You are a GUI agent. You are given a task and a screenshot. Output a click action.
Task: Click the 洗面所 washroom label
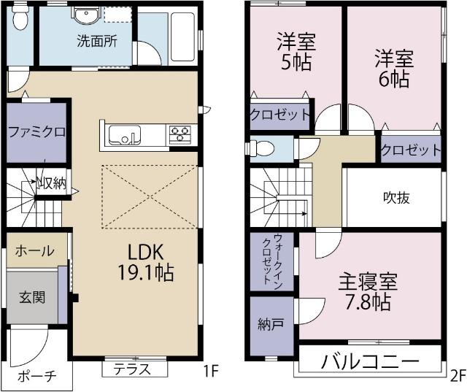[96, 41]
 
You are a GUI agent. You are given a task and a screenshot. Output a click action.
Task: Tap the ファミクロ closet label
[37, 132]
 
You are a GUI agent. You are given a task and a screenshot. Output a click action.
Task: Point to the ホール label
[34, 251]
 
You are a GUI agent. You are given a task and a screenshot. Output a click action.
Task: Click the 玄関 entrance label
[32, 297]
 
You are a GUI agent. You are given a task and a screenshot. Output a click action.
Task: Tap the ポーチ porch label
[36, 376]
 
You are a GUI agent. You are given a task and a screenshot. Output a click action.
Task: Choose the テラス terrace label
[131, 369]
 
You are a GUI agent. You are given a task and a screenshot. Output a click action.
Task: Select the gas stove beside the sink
[180, 134]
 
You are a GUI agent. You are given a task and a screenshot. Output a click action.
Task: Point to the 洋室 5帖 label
[294, 51]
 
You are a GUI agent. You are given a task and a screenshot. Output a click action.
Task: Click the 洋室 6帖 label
[395, 68]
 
